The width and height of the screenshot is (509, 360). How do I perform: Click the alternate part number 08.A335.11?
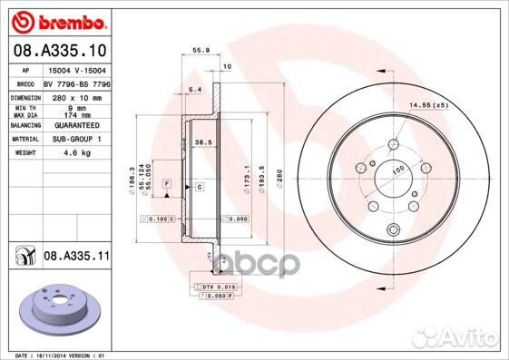pyautogui.click(x=76, y=258)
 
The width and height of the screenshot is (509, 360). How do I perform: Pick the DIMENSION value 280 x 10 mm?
pyautogui.click(x=75, y=96)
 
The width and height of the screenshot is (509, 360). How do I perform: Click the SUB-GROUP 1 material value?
pyautogui.click(x=75, y=140)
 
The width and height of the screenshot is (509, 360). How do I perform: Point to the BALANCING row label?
pyautogui.click(x=24, y=125)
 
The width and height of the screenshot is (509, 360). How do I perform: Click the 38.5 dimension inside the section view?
pyautogui.click(x=203, y=142)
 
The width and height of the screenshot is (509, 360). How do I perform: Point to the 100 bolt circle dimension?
pyautogui.click(x=396, y=170)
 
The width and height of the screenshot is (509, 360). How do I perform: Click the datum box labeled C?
pyautogui.click(x=200, y=186)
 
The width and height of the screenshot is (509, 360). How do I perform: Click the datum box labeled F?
pyautogui.click(x=168, y=185)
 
